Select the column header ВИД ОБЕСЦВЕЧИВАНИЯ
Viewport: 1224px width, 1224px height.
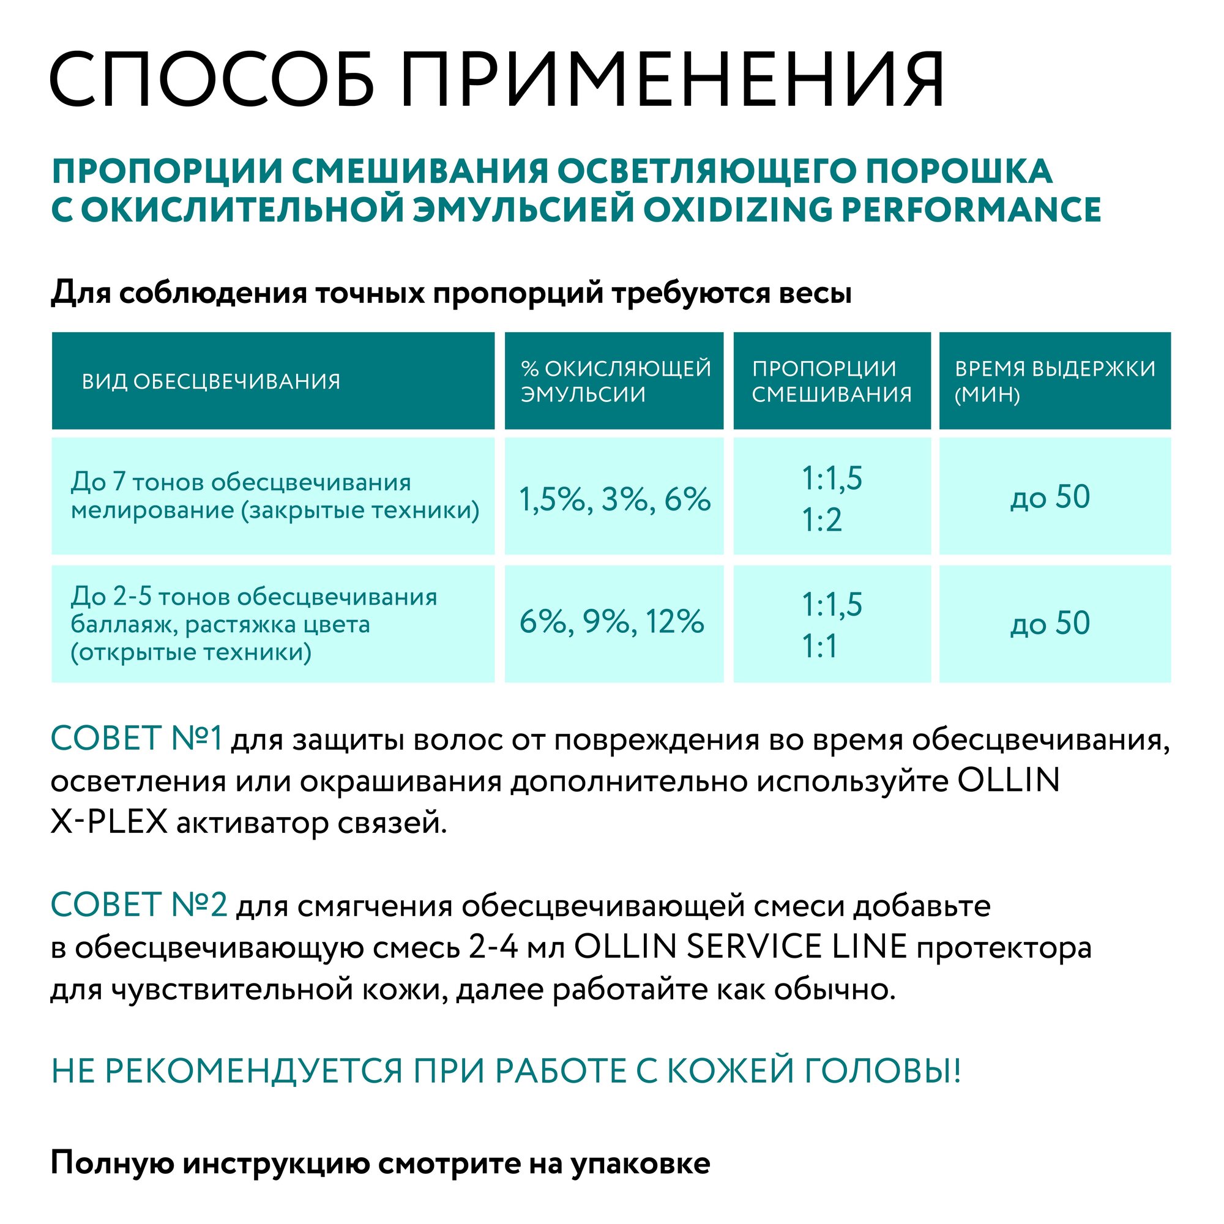point(211,381)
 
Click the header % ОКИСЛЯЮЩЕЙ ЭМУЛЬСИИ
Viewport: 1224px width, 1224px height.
point(615,381)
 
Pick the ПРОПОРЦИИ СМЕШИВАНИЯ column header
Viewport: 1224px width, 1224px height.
point(831,381)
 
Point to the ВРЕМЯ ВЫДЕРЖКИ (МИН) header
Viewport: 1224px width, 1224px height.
point(1054,381)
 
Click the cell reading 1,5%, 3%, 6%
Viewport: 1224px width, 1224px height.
point(614,499)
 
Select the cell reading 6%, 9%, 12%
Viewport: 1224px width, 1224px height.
point(611,622)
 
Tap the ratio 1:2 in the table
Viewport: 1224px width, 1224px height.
point(822,520)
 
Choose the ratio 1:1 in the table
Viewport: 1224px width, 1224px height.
point(820,647)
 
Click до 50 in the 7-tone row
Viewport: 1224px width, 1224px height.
point(1050,497)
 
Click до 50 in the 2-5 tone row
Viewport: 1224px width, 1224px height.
point(1050,624)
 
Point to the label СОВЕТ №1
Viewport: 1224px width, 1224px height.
point(136,739)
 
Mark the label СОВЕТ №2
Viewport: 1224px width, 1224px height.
point(139,904)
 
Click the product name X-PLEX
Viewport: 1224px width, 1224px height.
point(108,823)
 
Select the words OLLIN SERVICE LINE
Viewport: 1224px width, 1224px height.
point(741,947)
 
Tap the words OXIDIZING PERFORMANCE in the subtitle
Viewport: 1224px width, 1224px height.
point(871,210)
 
